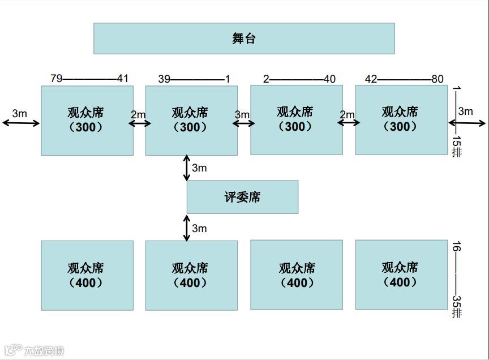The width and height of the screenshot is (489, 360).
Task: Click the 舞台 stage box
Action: tap(244, 38)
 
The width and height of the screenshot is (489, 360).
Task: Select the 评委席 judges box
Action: tap(242, 197)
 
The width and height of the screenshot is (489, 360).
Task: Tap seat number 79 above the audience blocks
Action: tap(56, 79)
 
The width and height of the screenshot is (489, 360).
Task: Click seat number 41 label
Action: tap(123, 79)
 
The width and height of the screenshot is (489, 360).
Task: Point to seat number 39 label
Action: tap(164, 79)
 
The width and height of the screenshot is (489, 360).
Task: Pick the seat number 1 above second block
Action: tap(228, 79)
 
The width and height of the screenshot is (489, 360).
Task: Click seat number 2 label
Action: tap(266, 79)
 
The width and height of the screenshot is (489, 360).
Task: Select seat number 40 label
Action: tap(330, 79)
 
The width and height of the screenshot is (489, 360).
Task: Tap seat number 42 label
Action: tap(371, 79)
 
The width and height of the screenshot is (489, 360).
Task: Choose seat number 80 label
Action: tap(437, 79)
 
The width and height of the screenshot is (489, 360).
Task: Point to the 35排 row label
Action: tap(457, 306)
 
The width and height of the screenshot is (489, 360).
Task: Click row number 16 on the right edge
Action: tap(457, 247)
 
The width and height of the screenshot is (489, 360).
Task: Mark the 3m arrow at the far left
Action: tap(21, 122)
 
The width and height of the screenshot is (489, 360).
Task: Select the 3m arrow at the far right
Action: tap(467, 122)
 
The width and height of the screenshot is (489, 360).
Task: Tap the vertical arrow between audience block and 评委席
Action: tap(187, 168)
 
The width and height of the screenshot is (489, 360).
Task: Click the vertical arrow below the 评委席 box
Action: tap(187, 228)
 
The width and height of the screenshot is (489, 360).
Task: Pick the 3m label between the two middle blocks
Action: tap(242, 115)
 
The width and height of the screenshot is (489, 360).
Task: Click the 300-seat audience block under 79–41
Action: tap(87, 120)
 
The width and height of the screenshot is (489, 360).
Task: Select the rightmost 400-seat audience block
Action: tap(401, 275)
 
